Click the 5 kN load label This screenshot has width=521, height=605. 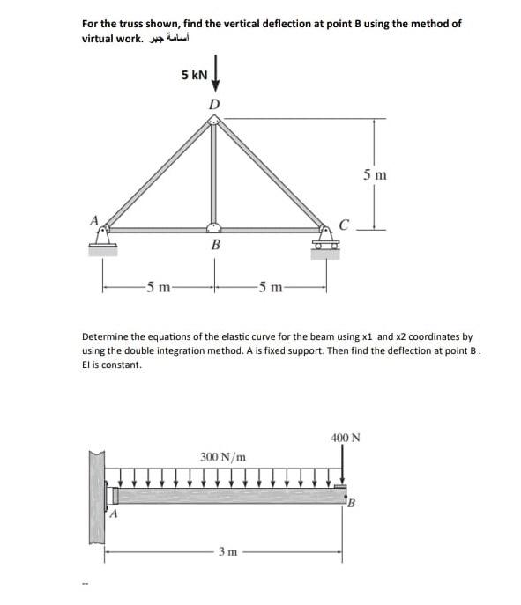[x=194, y=76]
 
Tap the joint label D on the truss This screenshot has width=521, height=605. [x=212, y=105]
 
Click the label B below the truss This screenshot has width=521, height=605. [x=213, y=247]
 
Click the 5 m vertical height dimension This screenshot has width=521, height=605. [x=375, y=174]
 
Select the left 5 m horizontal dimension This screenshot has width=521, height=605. [x=158, y=285]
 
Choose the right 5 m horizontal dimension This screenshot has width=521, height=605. [x=270, y=285]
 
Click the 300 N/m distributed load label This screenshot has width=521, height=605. [x=222, y=457]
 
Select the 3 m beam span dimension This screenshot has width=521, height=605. [x=227, y=553]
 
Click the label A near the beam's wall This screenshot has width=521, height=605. [x=112, y=516]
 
